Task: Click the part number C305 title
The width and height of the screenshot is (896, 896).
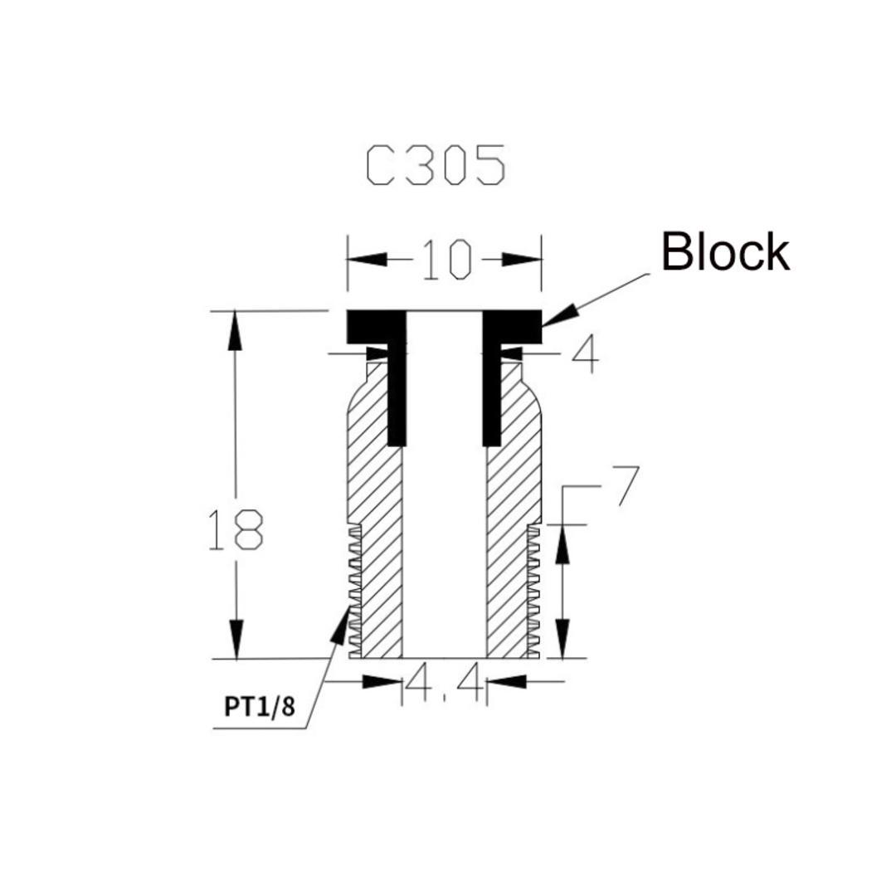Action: pyautogui.click(x=436, y=165)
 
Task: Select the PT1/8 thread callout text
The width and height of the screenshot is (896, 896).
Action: pyautogui.click(x=259, y=707)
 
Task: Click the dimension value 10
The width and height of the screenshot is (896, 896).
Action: pyautogui.click(x=446, y=260)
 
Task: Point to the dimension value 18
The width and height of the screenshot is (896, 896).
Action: pyautogui.click(x=235, y=531)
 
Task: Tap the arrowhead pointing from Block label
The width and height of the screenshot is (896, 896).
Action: pyautogui.click(x=557, y=316)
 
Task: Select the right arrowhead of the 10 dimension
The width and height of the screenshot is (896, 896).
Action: pyautogui.click(x=523, y=260)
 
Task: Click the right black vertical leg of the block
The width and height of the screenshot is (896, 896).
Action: pyautogui.click(x=491, y=390)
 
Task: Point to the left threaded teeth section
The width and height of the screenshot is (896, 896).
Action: pyautogui.click(x=355, y=589)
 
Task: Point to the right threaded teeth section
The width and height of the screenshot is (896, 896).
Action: pyautogui.click(x=533, y=589)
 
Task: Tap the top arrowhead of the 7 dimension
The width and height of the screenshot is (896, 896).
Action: pyautogui.click(x=562, y=543)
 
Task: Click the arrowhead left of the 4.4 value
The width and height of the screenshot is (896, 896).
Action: pyautogui.click(x=382, y=682)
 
